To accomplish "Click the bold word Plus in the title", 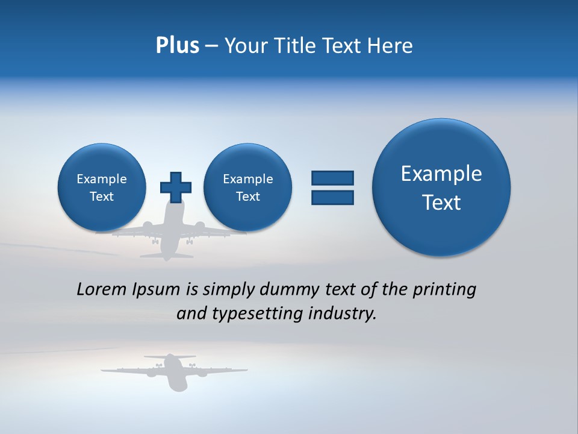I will (x=177, y=46).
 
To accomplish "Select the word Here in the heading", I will (x=391, y=46).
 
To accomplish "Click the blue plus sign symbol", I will (x=176, y=187).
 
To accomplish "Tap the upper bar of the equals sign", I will (x=332, y=178).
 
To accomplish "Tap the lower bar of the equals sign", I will (x=332, y=198).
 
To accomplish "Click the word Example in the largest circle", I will (x=441, y=174).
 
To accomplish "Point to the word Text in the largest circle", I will (x=441, y=203).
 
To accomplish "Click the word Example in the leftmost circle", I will (x=102, y=179).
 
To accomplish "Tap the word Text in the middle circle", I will (x=248, y=197).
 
